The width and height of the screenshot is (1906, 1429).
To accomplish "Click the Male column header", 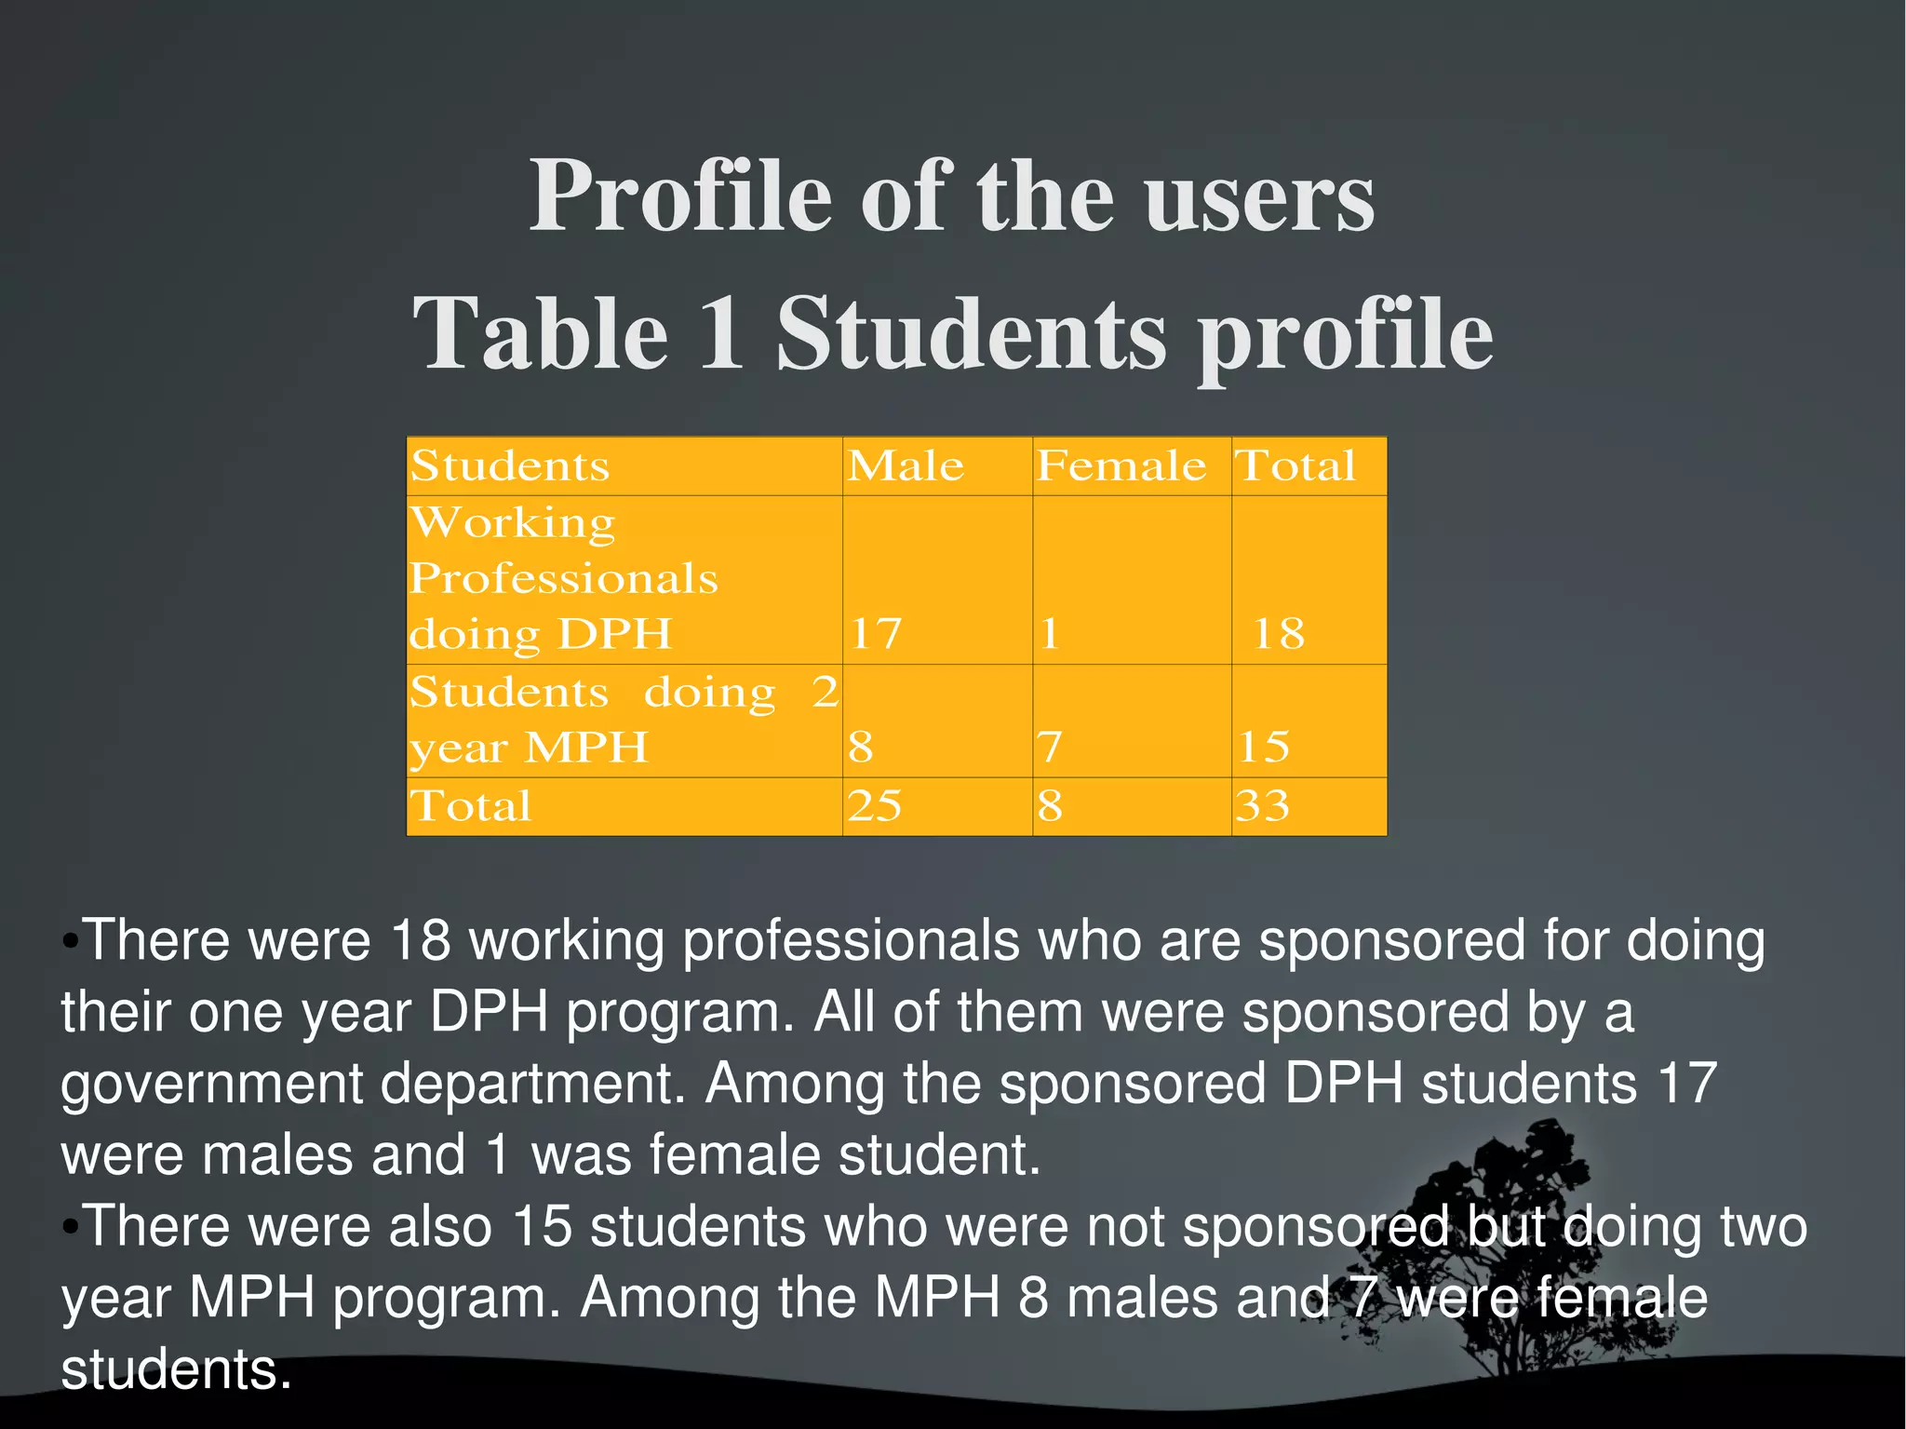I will (906, 465).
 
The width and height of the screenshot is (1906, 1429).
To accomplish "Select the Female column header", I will (1121, 465).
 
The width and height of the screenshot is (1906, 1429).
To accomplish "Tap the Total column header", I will (1295, 465).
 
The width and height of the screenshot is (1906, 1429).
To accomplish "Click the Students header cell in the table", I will (510, 465).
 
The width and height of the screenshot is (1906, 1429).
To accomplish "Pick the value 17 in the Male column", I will (876, 634).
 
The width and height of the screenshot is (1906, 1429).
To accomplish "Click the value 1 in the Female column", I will (1050, 634).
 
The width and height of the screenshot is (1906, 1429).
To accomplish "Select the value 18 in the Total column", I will (1279, 634).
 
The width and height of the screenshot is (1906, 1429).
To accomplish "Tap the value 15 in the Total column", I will (1264, 747).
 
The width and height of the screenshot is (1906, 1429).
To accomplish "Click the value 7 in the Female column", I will (1050, 747).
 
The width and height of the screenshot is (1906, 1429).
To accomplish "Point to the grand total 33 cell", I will (1263, 805).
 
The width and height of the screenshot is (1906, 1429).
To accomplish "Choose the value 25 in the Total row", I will (874, 805).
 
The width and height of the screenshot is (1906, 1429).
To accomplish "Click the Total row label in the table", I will (471, 805).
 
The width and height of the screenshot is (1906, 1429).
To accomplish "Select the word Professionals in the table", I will (564, 578).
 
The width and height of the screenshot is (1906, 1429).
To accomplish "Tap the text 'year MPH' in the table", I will (529, 748).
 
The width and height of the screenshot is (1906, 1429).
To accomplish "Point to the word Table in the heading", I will (541, 333).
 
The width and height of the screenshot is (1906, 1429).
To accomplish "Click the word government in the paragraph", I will (211, 1084).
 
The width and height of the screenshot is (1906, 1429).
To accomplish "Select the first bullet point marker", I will (70, 940).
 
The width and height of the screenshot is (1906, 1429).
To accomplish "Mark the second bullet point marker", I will (70, 1227).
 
